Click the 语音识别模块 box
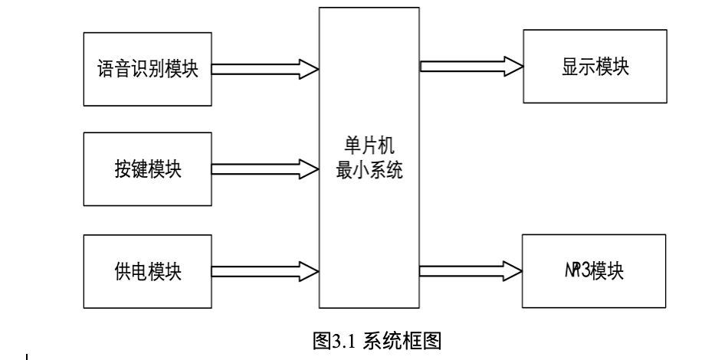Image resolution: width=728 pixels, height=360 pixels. (x=146, y=69)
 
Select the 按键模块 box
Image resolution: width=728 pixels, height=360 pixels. (x=146, y=169)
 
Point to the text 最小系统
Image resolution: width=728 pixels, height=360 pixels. (x=370, y=172)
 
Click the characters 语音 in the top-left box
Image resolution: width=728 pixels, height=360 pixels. (x=112, y=69)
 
